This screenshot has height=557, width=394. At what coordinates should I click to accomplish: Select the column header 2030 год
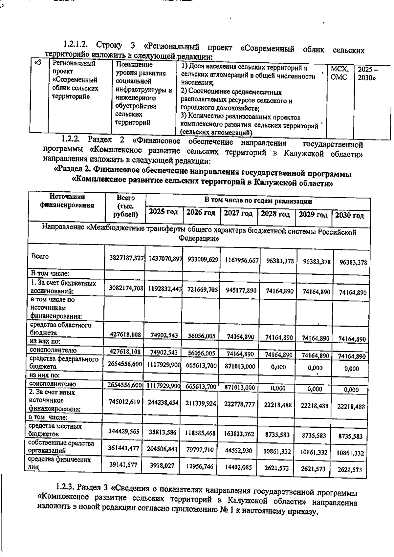tap(349, 216)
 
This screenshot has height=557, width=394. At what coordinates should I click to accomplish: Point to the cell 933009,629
tap(203, 260)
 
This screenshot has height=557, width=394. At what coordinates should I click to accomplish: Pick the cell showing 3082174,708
tap(126, 288)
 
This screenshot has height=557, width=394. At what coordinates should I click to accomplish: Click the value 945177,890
tap(241, 290)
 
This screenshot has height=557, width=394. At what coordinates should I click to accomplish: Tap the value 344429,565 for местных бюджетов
tap(124, 431)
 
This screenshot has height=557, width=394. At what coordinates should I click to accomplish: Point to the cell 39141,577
tap(123, 465)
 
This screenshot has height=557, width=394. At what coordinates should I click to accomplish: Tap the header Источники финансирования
tap(67, 201)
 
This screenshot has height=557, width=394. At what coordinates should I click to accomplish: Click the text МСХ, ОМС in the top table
tap(339, 73)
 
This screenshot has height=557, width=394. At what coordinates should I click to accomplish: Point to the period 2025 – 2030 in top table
tap(367, 74)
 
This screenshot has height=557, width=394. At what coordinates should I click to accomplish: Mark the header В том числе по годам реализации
tap(258, 201)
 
